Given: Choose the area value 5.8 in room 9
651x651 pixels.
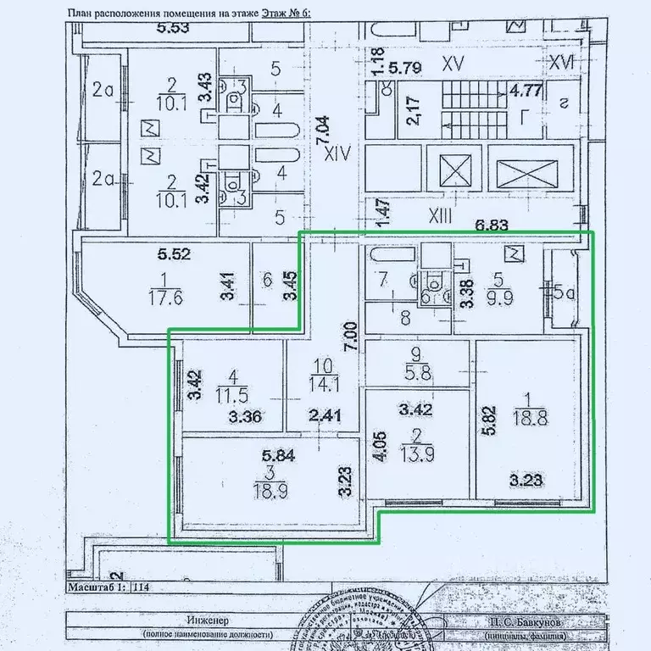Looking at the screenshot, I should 415,370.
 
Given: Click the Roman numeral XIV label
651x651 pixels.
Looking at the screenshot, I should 339,153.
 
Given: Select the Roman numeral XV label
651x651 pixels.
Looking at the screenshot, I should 454,62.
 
